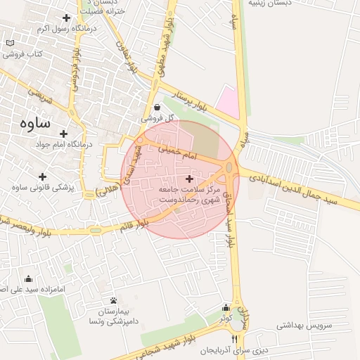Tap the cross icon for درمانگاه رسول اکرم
66,18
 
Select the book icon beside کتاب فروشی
10,43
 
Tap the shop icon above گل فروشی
156,107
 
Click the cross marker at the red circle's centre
188,179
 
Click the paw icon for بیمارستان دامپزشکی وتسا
113,300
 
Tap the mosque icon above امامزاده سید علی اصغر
28,278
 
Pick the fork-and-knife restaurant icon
234,339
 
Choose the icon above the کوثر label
226,307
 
